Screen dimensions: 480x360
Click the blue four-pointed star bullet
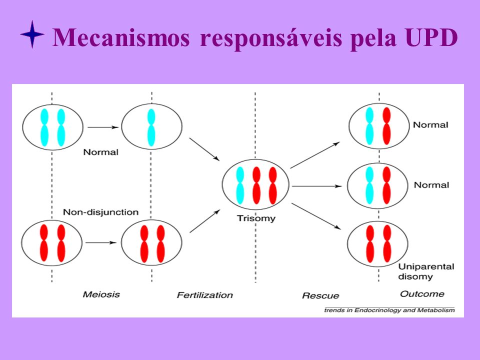(32, 34)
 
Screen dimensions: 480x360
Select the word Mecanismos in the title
(121, 37)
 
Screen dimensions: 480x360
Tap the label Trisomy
(256, 218)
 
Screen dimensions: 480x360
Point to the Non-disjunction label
(100, 212)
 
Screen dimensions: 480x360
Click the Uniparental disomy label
(426, 271)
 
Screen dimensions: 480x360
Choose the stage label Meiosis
(101, 294)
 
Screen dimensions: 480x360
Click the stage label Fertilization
(205, 295)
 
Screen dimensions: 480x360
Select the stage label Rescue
(320, 295)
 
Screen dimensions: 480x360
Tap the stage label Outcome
(422, 294)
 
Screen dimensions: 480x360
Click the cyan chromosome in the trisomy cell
(240, 185)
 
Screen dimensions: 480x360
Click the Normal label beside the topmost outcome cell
(430, 125)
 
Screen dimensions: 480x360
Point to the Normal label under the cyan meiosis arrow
(100, 152)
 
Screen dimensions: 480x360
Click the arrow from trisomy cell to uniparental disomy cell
(316, 216)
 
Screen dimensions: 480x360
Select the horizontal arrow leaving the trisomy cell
(317, 186)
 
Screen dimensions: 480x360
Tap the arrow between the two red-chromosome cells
(101, 243)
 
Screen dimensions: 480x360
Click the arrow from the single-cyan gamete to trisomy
(204, 149)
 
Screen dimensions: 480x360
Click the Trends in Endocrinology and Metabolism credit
(389, 310)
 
